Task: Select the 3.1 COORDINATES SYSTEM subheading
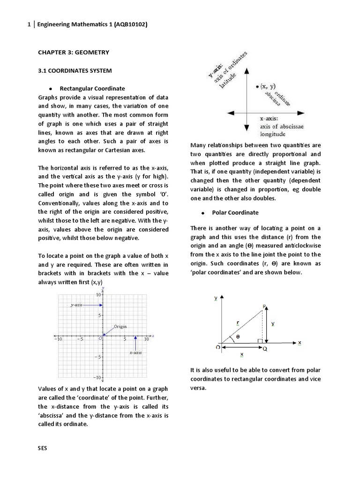tap(75, 71)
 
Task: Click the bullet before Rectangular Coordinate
tap(49, 89)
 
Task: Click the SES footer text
tap(43, 448)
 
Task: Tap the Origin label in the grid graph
tap(120, 326)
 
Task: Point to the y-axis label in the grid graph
tap(76, 305)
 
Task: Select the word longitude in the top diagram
tap(272, 134)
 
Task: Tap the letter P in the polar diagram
tap(264, 306)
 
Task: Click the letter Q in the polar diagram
tap(265, 349)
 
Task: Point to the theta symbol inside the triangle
tap(238, 336)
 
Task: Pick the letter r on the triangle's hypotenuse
tap(238, 322)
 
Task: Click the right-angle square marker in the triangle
tap(260, 341)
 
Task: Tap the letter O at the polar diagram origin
tap(218, 347)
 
